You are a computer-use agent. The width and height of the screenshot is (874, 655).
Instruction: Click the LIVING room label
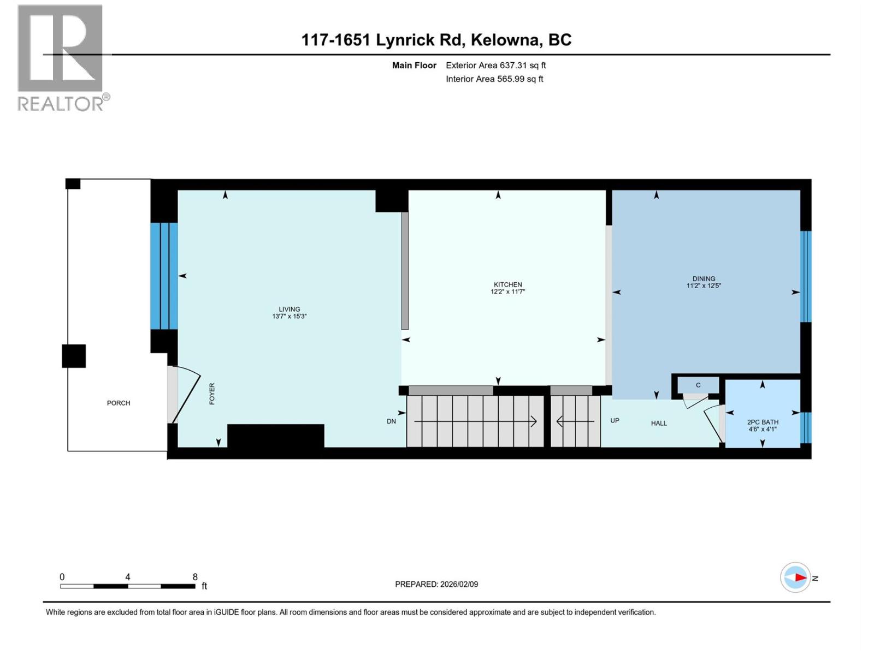[x=290, y=309]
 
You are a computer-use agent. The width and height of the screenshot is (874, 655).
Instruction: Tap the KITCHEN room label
[x=508, y=284]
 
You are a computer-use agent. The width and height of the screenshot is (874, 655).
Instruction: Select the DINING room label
[x=704, y=278]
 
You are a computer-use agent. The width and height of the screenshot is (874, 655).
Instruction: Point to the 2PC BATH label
[x=763, y=422]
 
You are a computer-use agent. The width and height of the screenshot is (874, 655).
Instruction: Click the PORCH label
[x=119, y=403]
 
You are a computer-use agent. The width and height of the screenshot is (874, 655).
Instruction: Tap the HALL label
[x=659, y=423]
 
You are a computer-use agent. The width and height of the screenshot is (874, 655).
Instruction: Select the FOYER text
[x=212, y=394]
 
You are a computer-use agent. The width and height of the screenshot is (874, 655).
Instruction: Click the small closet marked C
[x=698, y=385]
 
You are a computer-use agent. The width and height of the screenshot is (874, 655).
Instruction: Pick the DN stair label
[x=391, y=421]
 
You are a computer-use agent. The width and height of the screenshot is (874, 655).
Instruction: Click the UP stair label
[x=615, y=420]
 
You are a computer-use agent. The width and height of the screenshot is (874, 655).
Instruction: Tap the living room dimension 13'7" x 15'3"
[x=290, y=317]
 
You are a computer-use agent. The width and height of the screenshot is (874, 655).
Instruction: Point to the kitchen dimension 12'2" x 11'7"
[x=508, y=292]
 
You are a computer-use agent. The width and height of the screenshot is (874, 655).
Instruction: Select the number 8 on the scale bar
[x=195, y=577]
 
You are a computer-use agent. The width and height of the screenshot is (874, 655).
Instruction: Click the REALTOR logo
[x=61, y=57]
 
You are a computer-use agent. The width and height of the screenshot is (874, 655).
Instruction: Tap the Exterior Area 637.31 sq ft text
[x=495, y=65]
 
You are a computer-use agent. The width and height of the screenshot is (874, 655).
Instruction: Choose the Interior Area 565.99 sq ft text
[x=494, y=79]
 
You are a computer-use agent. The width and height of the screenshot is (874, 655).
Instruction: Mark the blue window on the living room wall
[x=164, y=276]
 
